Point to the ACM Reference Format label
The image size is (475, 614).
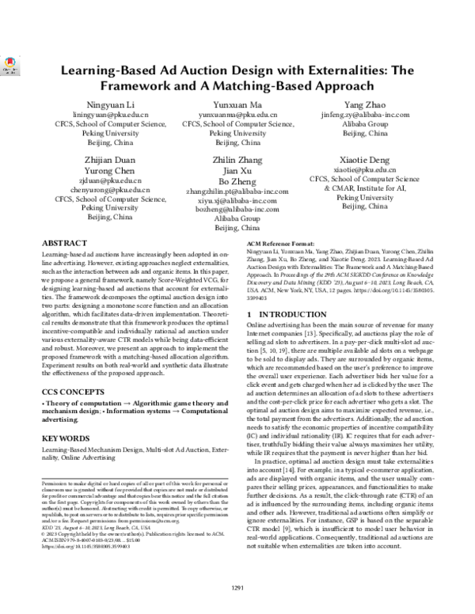(278, 244)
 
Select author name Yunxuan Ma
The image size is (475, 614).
(237, 105)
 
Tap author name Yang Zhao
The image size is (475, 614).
(365, 104)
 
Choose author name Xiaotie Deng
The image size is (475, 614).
(365, 159)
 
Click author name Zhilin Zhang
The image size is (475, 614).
(237, 160)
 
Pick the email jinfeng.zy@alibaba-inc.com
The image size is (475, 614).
(365, 115)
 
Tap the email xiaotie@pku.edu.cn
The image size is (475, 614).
(365, 169)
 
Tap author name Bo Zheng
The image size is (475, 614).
(237, 180)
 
